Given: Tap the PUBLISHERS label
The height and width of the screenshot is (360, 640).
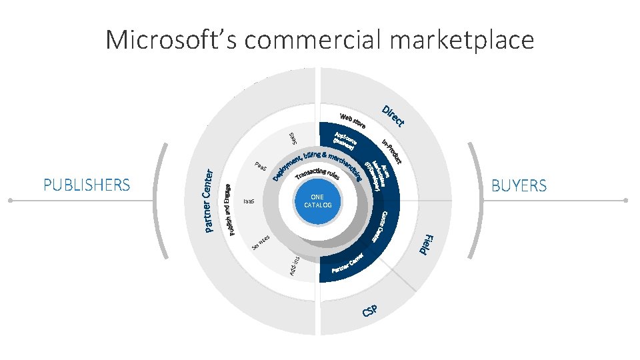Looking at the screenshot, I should [x=87, y=185].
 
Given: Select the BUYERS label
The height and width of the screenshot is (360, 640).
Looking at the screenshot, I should [x=519, y=185].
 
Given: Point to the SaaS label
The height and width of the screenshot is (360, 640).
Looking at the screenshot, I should [x=292, y=137].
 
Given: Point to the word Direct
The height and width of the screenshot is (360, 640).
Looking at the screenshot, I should [x=393, y=115].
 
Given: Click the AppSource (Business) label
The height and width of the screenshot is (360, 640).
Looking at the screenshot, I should [x=345, y=141].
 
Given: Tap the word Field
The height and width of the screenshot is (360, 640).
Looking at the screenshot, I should [x=427, y=245].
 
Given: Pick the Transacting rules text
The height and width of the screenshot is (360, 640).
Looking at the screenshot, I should [x=318, y=177].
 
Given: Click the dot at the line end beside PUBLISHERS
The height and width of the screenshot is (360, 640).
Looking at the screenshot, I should [x=10, y=200].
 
